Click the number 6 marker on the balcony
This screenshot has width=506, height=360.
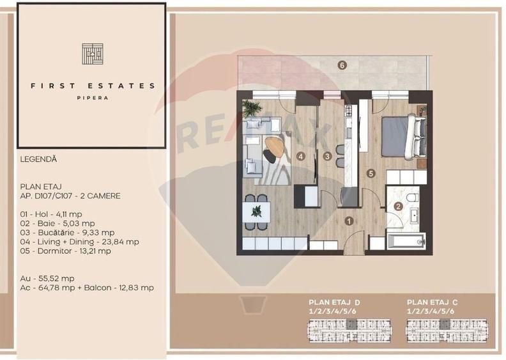[342, 65]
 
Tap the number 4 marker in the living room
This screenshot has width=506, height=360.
[300, 155]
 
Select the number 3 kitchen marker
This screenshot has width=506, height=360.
[326, 155]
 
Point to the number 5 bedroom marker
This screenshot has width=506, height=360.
[370, 172]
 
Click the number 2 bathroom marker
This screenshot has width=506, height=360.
[398, 206]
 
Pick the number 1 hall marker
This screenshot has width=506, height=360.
[348, 221]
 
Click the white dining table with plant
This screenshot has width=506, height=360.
[257, 210]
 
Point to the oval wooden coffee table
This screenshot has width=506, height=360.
[275, 148]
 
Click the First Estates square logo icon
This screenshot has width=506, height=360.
[92, 54]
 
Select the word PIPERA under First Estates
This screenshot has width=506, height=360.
[92, 98]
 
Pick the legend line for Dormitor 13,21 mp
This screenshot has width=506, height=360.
[65, 251]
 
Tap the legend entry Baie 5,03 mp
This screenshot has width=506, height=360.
[57, 223]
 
